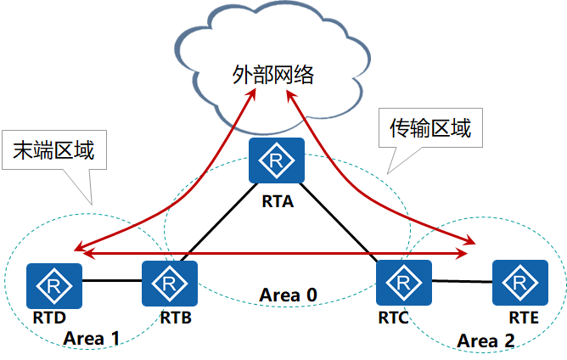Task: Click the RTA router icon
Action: click(276, 160)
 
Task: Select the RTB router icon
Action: click(170, 284)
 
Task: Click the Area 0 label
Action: click(288, 295)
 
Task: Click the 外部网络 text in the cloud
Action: click(273, 75)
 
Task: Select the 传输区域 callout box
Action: click(429, 129)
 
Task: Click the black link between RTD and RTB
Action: click(111, 280)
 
